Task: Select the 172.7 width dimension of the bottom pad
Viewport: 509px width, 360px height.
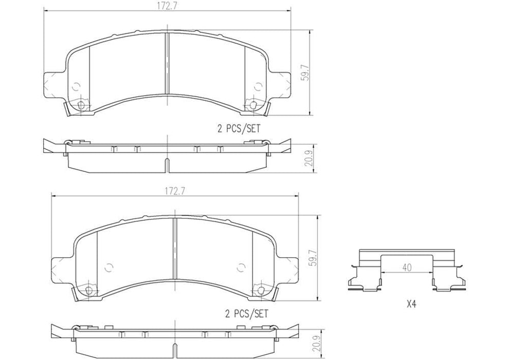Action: coord(174,191)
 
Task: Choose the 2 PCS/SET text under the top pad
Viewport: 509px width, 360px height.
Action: coord(239,129)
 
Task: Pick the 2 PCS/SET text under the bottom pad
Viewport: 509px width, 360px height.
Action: coord(247,312)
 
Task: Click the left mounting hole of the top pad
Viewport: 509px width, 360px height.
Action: coord(80,105)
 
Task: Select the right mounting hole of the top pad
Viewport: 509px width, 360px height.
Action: coord(253,105)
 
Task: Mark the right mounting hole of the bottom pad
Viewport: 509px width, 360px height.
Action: coord(261,291)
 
